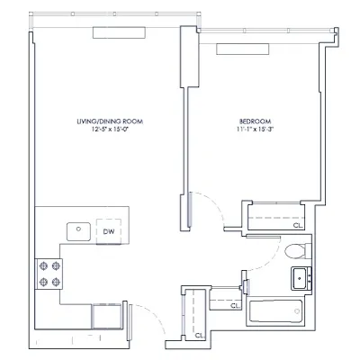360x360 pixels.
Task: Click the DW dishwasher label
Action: click(108, 230)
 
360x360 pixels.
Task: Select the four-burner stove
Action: click(49, 273)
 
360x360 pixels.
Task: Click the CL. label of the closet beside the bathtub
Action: click(235, 306)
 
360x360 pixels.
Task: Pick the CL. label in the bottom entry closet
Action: click(199, 335)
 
